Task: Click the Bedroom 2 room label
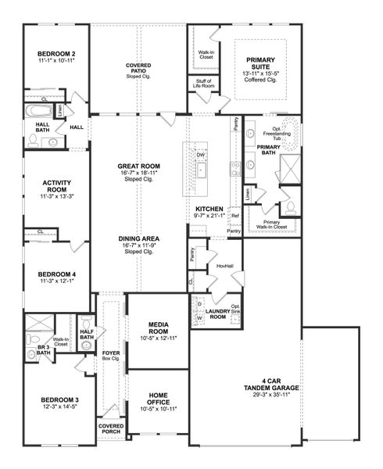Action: click(54, 53)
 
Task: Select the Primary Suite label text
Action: click(266, 59)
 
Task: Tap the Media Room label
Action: click(158, 330)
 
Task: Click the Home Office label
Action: click(158, 399)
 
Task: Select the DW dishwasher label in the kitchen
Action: click(201, 155)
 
